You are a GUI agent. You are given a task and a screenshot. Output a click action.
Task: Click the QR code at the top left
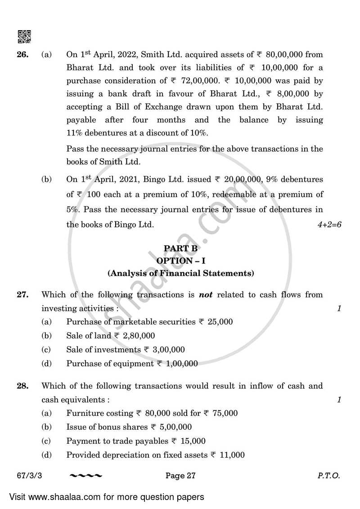coord(24,36)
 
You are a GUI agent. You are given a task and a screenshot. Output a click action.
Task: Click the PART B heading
coord(180,248)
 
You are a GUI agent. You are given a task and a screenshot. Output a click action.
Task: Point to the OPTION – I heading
coord(180,260)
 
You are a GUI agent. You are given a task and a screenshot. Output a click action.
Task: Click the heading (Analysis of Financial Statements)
coord(180,273)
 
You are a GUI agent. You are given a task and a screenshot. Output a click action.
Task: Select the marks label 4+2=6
coord(329,225)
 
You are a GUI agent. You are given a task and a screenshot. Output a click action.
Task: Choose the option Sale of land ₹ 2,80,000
coord(110,336)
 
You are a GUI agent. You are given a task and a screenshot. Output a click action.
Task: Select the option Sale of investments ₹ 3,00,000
coord(125,350)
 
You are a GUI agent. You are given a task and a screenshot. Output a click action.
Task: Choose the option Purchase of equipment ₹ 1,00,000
coord(132,364)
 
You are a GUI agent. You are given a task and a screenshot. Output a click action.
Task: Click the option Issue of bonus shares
coord(129,427)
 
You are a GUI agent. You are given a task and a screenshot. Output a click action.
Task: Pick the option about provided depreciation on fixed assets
coord(155,455)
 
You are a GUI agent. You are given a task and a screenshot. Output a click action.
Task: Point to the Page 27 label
coord(180,475)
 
